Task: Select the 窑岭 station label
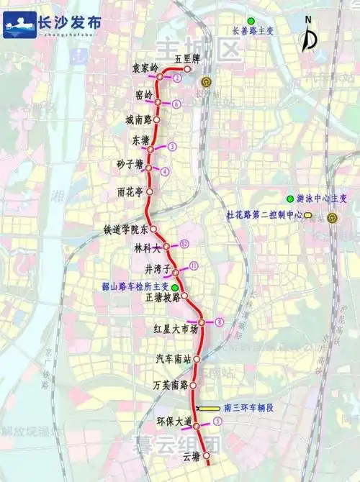(x=144, y=94)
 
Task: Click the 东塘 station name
(x=141, y=141)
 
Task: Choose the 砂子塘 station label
(x=132, y=165)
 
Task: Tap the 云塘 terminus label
(x=190, y=457)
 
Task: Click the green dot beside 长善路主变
(x=250, y=20)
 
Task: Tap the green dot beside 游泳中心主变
(x=290, y=199)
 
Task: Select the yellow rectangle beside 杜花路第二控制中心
(x=307, y=215)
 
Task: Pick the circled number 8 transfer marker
(x=219, y=321)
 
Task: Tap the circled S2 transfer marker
(x=184, y=243)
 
